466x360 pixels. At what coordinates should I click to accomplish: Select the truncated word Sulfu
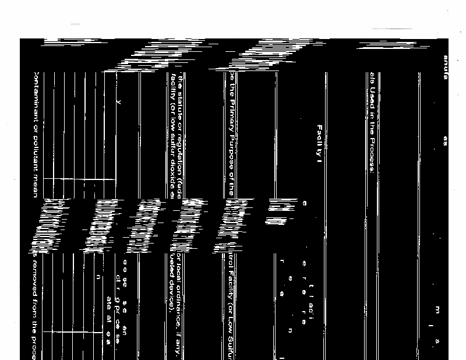232,344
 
